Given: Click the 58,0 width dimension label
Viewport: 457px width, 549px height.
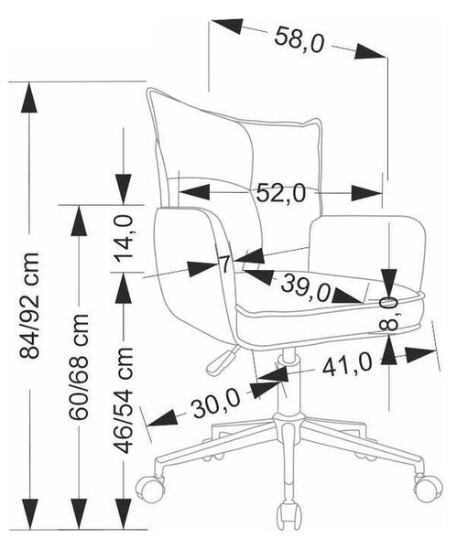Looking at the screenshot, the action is click(299, 39).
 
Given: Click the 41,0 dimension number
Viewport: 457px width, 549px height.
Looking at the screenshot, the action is click(347, 364).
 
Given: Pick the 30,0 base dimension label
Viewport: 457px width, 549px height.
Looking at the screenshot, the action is click(216, 404).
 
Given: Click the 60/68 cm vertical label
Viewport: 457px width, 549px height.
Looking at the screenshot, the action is click(79, 366).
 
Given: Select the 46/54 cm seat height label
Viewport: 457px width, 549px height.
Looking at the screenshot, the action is click(124, 400).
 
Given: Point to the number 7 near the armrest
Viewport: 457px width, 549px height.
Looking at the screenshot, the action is click(224, 264).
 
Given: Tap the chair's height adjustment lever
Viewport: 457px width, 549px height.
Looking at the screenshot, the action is click(221, 360).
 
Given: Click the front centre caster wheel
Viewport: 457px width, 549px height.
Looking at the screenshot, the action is click(289, 517).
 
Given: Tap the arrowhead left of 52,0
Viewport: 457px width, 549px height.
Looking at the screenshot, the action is click(194, 192).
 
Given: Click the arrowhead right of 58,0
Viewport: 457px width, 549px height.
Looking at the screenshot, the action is click(370, 52).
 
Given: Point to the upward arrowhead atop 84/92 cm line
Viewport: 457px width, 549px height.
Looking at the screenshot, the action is click(29, 97).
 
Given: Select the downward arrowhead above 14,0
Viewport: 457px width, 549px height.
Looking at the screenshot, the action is click(124, 188).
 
